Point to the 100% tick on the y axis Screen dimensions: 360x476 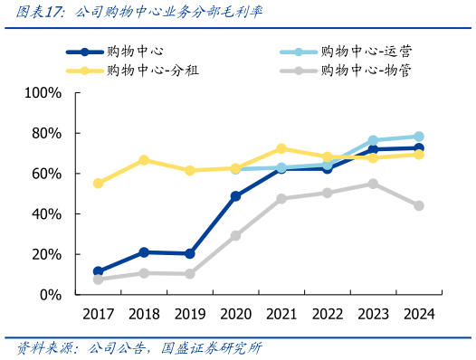(43, 93)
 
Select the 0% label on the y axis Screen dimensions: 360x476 (49, 295)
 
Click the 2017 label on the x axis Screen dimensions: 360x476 (98, 314)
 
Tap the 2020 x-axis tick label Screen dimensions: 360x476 (235, 314)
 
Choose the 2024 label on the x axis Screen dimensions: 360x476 (418, 314)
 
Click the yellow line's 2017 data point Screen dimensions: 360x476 (98, 184)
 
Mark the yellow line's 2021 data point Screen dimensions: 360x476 (281, 148)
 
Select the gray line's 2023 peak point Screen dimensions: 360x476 (373, 184)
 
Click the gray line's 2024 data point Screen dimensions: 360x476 (419, 205)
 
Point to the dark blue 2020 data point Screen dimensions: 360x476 (235, 196)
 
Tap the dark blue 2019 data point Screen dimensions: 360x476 (189, 254)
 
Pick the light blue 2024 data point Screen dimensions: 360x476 (419, 137)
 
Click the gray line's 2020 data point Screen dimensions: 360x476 (235, 236)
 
